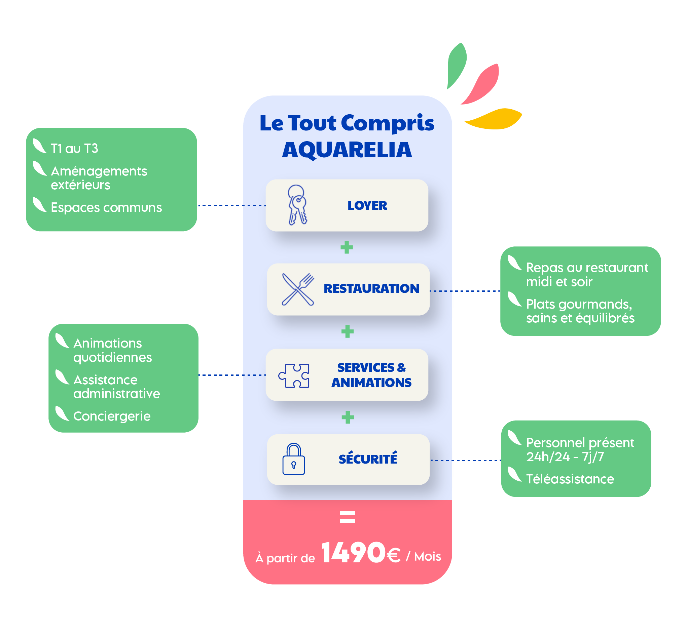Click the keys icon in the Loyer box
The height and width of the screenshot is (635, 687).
[297, 205]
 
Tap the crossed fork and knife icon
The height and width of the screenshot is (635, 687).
[298, 289]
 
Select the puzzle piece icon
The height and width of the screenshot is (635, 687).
[294, 375]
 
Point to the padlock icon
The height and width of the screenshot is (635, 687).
[293, 459]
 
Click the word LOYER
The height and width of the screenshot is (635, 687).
[367, 205]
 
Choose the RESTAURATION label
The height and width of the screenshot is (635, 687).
[371, 289]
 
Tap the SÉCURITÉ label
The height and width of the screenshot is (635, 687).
[368, 459]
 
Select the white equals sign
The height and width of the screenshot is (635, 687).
[347, 517]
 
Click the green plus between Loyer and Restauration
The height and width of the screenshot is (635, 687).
[347, 247]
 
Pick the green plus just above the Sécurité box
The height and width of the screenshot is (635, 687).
[348, 418]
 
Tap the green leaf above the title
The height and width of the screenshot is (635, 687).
[456, 65]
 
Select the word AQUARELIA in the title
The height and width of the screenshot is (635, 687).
[347, 150]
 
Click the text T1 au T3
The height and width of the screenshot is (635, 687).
[75, 149]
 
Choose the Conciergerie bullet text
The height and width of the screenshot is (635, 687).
[112, 416]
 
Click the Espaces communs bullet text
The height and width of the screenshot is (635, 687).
[106, 207]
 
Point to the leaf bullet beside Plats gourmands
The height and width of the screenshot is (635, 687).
[515, 299]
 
